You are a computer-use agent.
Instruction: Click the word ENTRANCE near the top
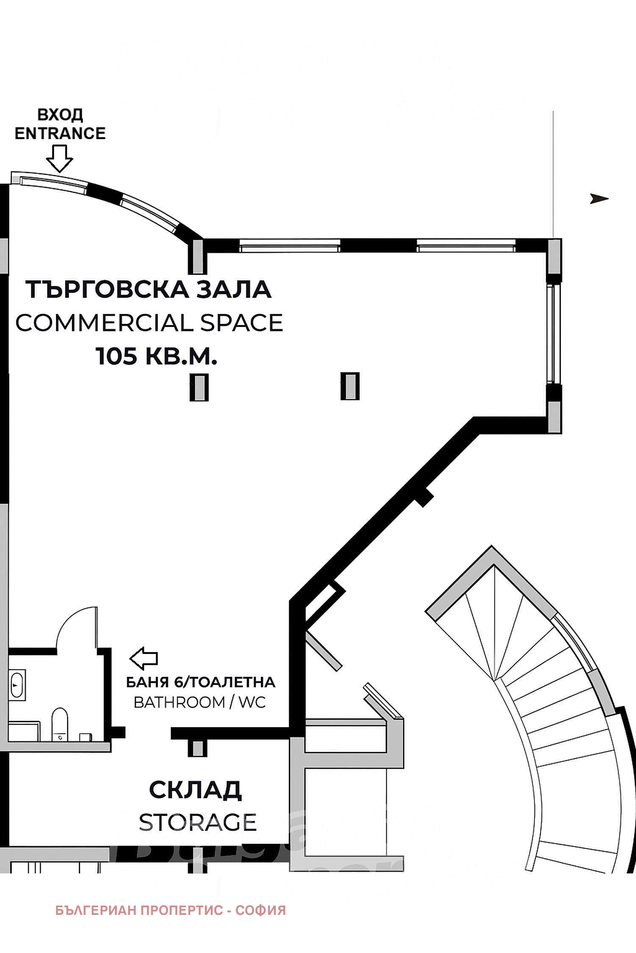tap(60, 133)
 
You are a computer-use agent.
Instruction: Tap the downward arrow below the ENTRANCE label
tap(59, 158)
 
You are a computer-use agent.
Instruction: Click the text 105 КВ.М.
tap(156, 356)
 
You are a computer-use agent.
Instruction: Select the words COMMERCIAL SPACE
tap(149, 323)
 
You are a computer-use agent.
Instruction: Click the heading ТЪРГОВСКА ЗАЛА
tap(149, 290)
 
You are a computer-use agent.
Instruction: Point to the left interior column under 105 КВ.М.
tap(198, 387)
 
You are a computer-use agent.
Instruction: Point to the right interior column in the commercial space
tap(350, 386)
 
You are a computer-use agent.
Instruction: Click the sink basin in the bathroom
tap(17, 683)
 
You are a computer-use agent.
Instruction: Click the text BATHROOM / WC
tap(200, 702)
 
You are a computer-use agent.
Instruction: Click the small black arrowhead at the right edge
tap(599, 198)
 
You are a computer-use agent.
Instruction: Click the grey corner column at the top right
tap(554, 257)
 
